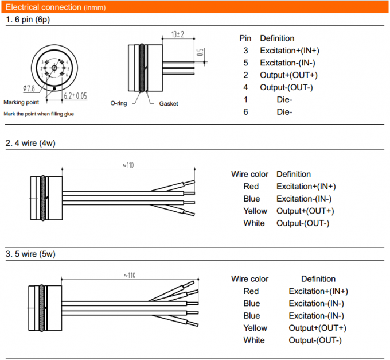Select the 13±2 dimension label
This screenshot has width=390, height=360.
(177, 35)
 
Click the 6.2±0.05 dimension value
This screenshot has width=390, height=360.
(75, 96)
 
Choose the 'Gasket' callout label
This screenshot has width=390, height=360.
(168, 103)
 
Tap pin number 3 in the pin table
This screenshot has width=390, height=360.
(245, 51)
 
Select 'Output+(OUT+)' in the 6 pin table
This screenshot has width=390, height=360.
(288, 75)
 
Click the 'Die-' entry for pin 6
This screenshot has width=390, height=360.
(284, 112)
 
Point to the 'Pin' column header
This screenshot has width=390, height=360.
(245, 38)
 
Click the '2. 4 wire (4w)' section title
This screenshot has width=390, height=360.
(30, 142)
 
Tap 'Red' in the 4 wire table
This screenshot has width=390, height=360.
(251, 187)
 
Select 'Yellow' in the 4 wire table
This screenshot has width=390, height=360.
(254, 211)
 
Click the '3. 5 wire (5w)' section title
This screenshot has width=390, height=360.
(30, 253)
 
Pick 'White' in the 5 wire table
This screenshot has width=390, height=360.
(254, 340)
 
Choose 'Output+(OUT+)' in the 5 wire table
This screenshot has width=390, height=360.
(317, 328)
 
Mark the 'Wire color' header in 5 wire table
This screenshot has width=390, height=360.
(249, 279)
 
